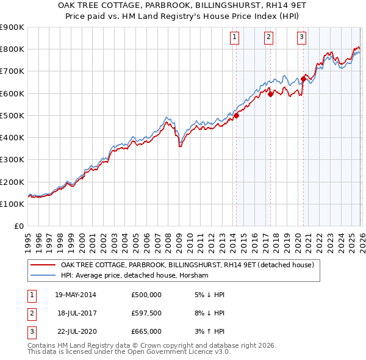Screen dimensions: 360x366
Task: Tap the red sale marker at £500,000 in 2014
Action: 236,116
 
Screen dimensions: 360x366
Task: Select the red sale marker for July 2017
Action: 270,94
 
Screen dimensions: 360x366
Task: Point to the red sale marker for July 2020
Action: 303,79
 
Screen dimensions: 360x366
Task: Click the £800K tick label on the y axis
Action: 12,49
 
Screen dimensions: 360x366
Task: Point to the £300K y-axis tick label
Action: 12,160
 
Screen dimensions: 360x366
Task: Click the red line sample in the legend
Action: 43,265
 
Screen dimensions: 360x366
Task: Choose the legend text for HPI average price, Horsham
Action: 134,276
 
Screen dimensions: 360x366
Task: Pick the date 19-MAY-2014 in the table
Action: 76,295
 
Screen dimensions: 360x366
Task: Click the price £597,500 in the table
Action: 146,313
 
